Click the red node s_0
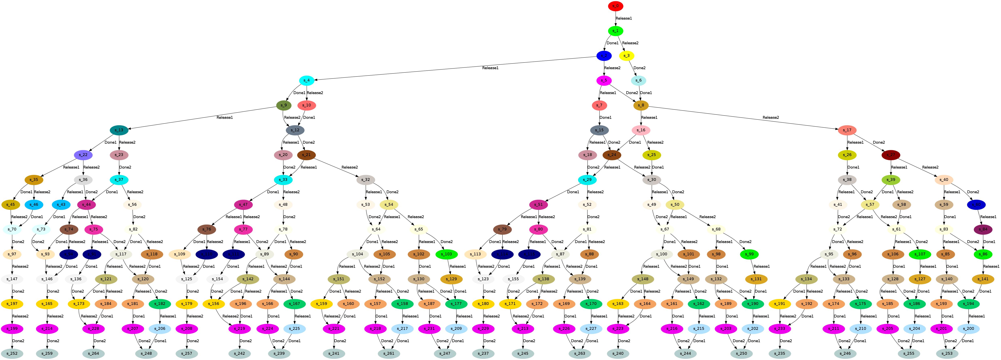tap(615, 6)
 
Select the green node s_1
tap(615, 31)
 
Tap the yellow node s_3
tap(626, 56)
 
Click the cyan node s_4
tap(307, 81)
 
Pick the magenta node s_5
tap(604, 81)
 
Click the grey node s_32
tap(366, 180)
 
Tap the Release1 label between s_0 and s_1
tap(624, 18)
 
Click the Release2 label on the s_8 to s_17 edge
tap(771, 117)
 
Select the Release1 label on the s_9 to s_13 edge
tap(225, 117)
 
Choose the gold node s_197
tap(12, 304)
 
